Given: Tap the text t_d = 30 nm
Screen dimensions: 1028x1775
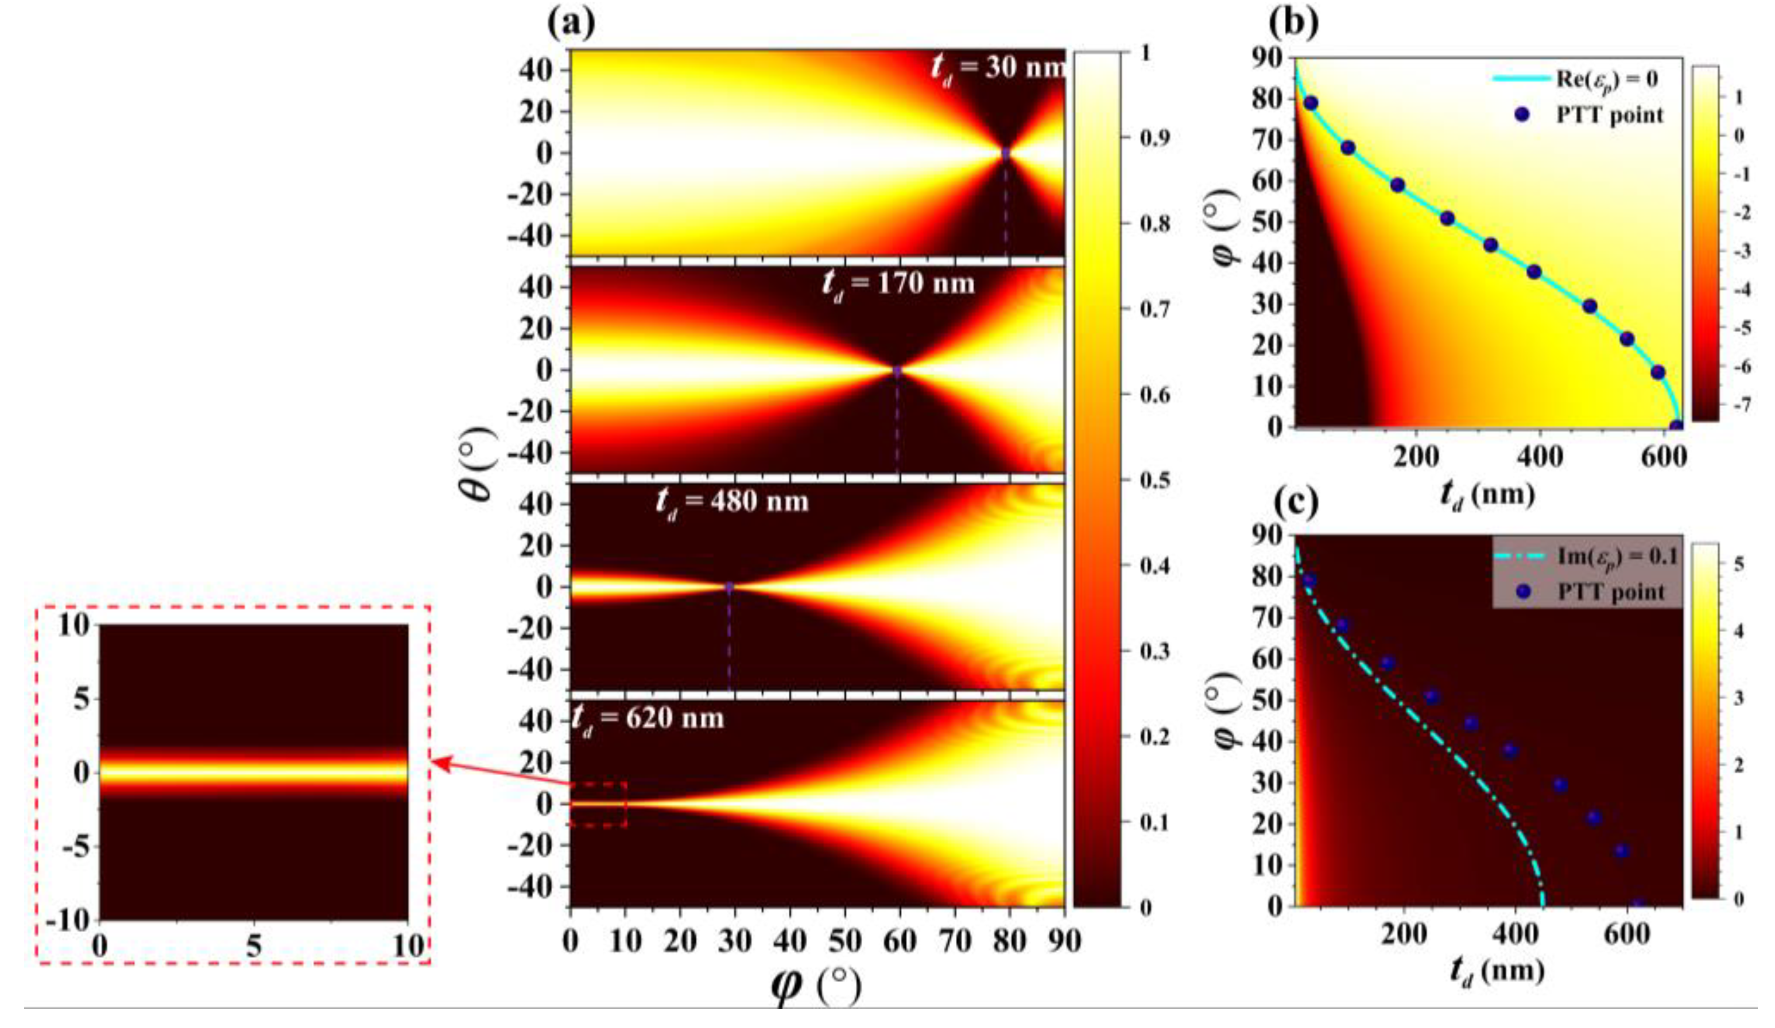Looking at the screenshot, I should point(997,68).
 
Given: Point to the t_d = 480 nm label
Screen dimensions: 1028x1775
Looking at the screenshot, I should point(733,502).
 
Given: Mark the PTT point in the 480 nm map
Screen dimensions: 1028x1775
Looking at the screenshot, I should point(729,586).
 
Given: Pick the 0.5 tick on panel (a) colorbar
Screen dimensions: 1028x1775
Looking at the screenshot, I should point(1136,480).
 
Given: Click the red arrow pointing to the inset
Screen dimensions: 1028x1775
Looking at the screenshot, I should point(500,771).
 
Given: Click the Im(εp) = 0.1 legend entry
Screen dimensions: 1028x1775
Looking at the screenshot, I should point(1585,556).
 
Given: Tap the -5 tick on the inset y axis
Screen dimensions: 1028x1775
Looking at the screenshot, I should point(72,848).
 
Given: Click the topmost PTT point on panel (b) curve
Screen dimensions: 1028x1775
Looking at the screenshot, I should point(1310,103).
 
